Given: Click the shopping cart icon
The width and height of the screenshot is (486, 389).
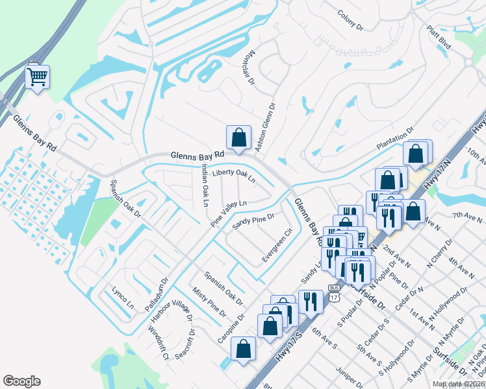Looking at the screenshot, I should pos(38,77).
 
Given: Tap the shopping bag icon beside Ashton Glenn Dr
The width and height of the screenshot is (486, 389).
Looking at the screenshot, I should pos(238,137).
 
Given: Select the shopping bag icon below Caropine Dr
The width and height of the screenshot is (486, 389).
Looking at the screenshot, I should pos(243,349).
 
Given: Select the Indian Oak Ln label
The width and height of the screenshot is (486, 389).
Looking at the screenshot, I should pos(204,185).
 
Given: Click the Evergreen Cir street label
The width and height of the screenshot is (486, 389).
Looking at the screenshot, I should pos(277,245).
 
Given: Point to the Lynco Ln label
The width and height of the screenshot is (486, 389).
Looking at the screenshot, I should pos(122,297).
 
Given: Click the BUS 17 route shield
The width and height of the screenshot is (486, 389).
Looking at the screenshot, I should pos(334,293).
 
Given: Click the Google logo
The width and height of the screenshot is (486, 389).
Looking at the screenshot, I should pos(21,381).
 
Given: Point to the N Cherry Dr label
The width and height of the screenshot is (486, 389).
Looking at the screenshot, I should pos(439,257).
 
